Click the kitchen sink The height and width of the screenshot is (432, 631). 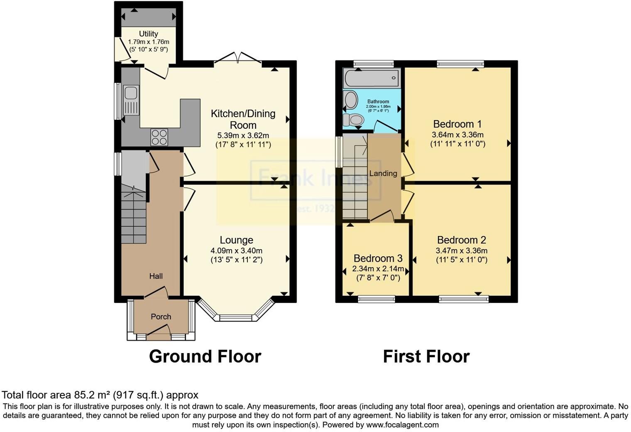131,100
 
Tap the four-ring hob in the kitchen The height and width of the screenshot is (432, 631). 159,137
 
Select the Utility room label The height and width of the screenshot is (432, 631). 148,34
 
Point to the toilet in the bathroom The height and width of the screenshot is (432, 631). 354,120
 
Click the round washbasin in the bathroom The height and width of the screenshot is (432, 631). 351,100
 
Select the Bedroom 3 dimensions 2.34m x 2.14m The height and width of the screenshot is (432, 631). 378,269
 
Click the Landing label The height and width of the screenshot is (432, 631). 383,173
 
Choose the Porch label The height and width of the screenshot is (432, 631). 161,317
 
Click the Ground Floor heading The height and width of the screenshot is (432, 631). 205,356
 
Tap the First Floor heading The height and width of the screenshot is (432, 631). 426,356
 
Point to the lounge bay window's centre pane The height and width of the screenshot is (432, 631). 236,318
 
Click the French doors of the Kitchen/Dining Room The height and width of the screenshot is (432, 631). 238,58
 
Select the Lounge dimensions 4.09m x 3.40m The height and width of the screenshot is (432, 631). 236,250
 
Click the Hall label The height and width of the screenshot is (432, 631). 156,276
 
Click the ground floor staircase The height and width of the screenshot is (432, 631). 134,216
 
